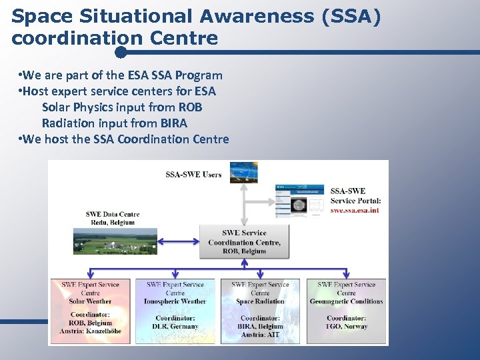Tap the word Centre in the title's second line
click(x=183, y=39)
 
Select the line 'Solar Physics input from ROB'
click(x=121, y=107)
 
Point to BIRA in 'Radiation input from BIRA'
click(x=173, y=123)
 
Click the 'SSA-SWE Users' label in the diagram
click(x=193, y=175)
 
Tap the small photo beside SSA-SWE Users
click(x=243, y=172)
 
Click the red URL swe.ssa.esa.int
click(x=355, y=211)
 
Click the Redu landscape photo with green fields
click(x=115, y=241)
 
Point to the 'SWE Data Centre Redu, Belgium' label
click(x=113, y=219)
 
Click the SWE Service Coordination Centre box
click(x=244, y=241)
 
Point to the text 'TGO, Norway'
click(x=346, y=327)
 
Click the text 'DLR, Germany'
click(x=175, y=327)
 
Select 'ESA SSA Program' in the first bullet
click(x=177, y=75)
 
